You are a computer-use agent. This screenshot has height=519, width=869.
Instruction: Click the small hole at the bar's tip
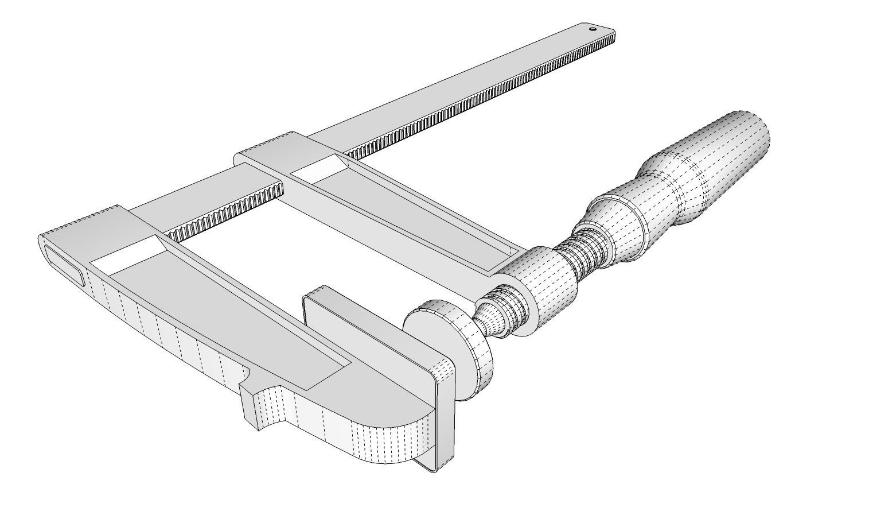point(593,28)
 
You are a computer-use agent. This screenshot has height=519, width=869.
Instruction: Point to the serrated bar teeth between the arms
point(229,212)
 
